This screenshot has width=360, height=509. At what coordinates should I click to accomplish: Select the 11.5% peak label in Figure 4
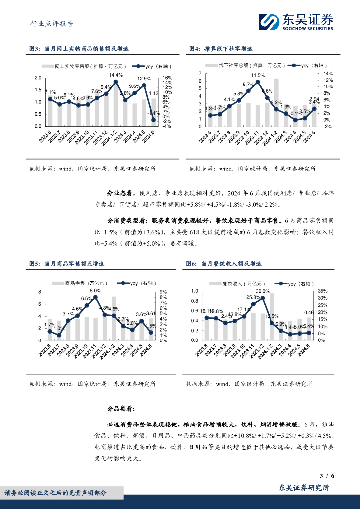(x=257, y=75)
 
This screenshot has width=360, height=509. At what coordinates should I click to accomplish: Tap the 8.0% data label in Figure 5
(x=95, y=291)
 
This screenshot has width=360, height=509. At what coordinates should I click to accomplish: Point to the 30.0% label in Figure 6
(x=263, y=291)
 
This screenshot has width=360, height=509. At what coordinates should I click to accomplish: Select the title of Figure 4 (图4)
(x=221, y=49)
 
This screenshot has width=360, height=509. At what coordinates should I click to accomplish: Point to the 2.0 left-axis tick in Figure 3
(x=38, y=78)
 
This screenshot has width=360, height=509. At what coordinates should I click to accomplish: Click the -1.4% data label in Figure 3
(x=153, y=114)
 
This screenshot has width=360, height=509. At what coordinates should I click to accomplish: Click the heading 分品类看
(x=121, y=409)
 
